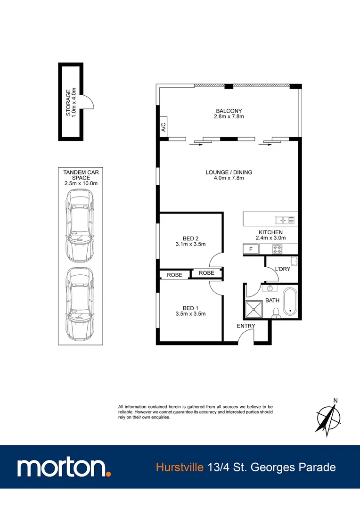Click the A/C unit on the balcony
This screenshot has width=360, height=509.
[x=164, y=127]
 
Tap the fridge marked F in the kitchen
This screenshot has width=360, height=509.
[x=251, y=249]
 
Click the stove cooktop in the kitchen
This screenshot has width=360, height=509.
[x=277, y=248]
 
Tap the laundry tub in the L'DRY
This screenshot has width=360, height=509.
[x=294, y=262]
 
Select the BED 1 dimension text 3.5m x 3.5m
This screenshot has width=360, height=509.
[x=190, y=313]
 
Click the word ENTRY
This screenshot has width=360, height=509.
[x=246, y=326]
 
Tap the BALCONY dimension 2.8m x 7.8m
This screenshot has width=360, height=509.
[x=229, y=116]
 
